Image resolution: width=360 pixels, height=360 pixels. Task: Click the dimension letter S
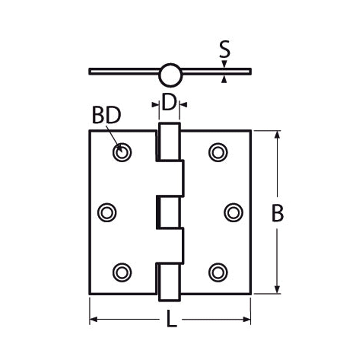(x=224, y=49)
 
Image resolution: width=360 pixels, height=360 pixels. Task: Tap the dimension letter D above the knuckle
(x=169, y=102)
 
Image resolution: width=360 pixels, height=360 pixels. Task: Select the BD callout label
(x=106, y=115)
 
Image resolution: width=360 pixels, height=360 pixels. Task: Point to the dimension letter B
(x=277, y=214)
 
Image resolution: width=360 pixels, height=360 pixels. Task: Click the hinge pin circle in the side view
(x=170, y=75)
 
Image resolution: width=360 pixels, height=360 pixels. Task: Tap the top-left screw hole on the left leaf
(x=122, y=152)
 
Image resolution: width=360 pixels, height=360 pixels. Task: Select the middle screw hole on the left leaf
(x=107, y=213)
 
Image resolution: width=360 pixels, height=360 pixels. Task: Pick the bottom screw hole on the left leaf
(x=122, y=272)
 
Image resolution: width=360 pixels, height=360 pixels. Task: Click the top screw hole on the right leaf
(x=218, y=152)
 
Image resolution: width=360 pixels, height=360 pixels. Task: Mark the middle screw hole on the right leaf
(x=234, y=213)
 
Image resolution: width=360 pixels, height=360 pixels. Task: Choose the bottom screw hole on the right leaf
(x=218, y=272)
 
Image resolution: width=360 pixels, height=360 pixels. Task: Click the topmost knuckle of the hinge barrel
(x=169, y=142)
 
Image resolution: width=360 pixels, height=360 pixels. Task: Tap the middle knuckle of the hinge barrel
(x=169, y=213)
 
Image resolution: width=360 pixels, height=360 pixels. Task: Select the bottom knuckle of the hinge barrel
(x=169, y=282)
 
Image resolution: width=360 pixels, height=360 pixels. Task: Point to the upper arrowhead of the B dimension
(x=277, y=134)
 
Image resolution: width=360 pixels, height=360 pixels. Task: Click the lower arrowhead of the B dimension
(x=277, y=290)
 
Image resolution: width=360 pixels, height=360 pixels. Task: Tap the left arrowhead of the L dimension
(x=94, y=319)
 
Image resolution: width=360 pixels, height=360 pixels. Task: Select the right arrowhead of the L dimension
(x=247, y=319)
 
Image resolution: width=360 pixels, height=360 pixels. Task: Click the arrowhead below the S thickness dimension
(x=224, y=80)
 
